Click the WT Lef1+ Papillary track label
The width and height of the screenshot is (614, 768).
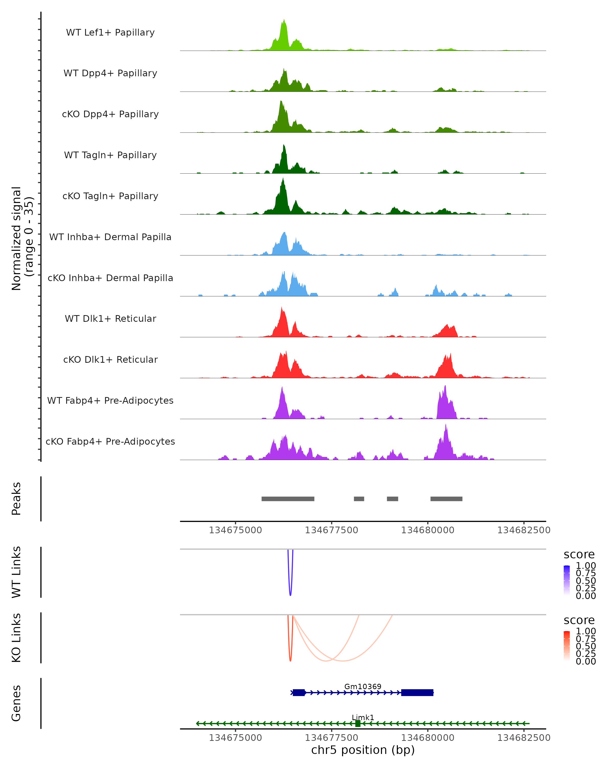point(110,33)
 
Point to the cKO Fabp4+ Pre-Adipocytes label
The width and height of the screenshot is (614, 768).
point(110,441)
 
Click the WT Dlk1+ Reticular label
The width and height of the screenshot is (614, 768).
point(110,318)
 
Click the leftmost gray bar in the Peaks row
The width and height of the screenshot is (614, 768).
point(288,499)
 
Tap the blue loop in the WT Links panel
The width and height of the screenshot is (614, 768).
point(290,591)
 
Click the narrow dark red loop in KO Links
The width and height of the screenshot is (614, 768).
point(290,657)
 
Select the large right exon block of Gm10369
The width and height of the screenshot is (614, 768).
point(417,692)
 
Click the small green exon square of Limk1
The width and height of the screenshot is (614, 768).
point(358,723)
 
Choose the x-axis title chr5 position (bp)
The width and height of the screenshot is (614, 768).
point(363,750)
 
